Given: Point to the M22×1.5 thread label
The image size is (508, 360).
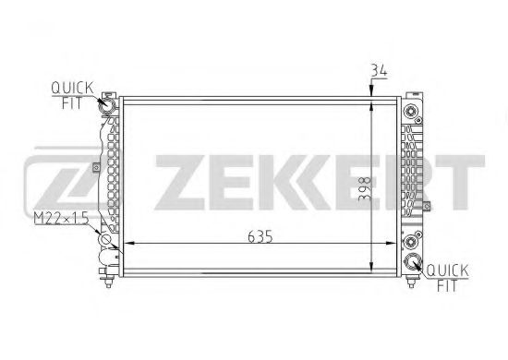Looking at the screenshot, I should click(59, 217).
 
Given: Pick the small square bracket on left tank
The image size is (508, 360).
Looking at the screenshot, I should click(95, 167).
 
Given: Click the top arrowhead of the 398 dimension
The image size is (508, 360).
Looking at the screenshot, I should click(371, 98).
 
